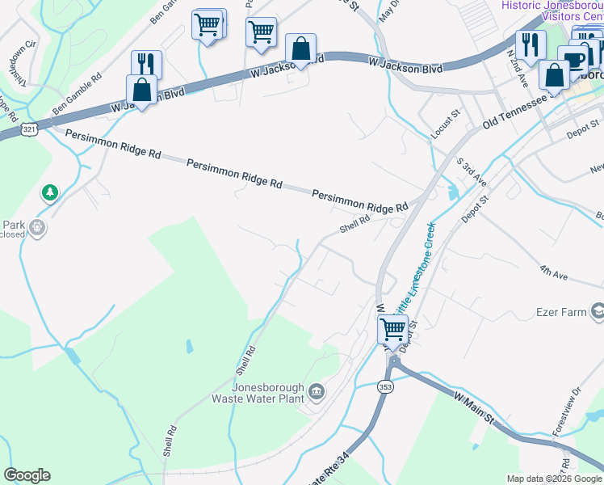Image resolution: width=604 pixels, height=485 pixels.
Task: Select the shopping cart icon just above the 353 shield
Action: pyautogui.click(x=392, y=329)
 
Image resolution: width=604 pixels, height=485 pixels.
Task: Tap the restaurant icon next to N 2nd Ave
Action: pyautogui.click(x=531, y=45)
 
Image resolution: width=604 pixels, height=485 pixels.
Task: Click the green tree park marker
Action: pyautogui.click(x=50, y=192)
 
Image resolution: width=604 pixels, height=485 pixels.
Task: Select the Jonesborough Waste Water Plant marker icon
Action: pyautogui.click(x=316, y=393)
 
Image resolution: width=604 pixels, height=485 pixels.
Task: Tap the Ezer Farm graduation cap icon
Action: pyautogui.click(x=597, y=311)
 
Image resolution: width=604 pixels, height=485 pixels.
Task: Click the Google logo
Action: pyautogui.click(x=27, y=475)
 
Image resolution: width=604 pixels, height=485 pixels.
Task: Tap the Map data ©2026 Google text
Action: pyautogui.click(x=554, y=479)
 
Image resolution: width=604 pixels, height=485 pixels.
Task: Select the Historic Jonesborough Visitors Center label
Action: pyautogui.click(x=552, y=11)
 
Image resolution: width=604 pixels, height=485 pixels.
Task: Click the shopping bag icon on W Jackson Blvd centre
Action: pyautogui.click(x=300, y=49)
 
